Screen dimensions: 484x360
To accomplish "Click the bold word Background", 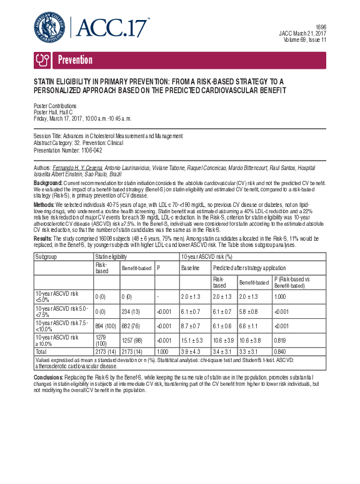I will (x=47, y=182).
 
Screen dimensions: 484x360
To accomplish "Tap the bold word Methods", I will (x=44, y=204).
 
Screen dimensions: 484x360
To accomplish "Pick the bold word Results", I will (x=42, y=237).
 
